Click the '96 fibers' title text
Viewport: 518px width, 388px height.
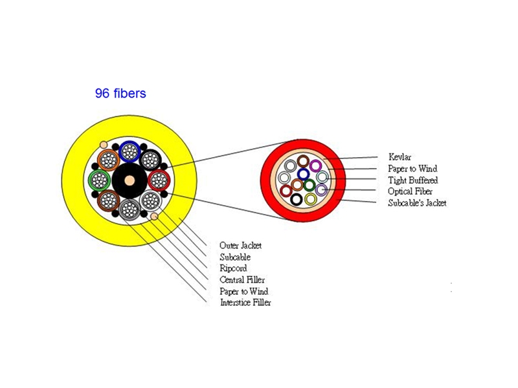[120, 94]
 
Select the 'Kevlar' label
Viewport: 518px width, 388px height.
[400, 156]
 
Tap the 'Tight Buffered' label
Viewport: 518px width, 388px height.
[412, 180]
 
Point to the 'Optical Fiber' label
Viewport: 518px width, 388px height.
[410, 191]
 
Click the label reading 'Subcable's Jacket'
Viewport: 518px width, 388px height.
[417, 203]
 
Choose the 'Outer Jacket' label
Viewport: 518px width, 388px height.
[241, 246]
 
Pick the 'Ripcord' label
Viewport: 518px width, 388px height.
[233, 268]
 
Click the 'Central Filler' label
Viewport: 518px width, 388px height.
[242, 280]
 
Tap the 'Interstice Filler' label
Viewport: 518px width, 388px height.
[245, 303]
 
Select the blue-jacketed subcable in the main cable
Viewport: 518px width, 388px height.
[130, 151]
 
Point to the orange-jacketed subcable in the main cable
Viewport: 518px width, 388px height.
[108, 159]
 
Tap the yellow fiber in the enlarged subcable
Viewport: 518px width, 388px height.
[311, 199]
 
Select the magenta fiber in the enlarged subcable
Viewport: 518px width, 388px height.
[315, 166]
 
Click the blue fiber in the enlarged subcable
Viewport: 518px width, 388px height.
[303, 175]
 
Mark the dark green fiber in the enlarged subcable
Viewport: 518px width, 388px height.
[310, 186]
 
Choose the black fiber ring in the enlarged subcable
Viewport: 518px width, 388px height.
[296, 199]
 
